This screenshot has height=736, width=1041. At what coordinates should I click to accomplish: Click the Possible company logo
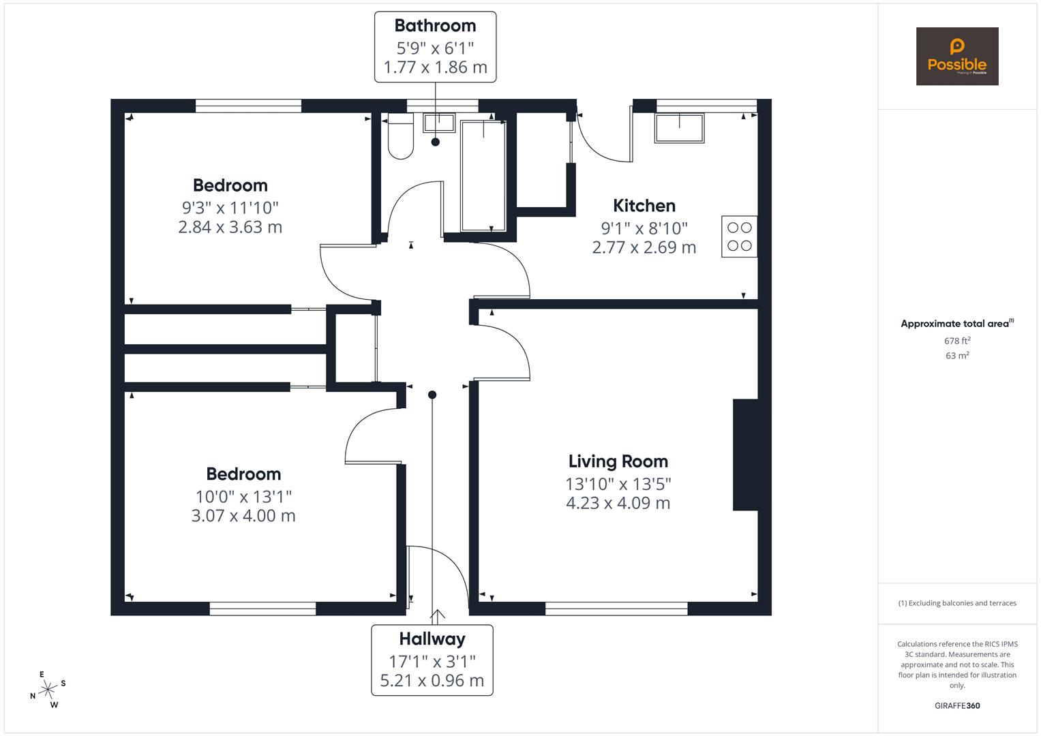click(x=956, y=57)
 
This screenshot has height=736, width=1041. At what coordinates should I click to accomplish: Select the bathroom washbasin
click(x=439, y=123)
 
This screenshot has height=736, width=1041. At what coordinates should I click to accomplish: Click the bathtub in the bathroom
click(x=483, y=176)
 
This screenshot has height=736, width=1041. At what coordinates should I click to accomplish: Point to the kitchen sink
click(x=679, y=128)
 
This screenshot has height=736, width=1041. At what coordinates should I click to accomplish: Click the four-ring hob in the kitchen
click(x=739, y=236)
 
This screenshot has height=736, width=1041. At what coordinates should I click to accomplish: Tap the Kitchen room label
click(x=644, y=205)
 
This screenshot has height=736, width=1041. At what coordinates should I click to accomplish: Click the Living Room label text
click(x=618, y=461)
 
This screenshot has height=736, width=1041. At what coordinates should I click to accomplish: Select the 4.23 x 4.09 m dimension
click(x=618, y=504)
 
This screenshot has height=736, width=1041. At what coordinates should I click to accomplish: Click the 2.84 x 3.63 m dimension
click(x=230, y=227)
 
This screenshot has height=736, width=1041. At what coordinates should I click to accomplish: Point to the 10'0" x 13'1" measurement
click(x=243, y=495)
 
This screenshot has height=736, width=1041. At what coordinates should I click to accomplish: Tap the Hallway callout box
click(x=432, y=660)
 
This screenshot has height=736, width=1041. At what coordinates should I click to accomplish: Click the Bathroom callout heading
click(x=435, y=26)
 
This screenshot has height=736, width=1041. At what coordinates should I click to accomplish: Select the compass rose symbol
click(x=48, y=690)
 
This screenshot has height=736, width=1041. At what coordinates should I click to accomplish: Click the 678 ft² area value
click(x=957, y=341)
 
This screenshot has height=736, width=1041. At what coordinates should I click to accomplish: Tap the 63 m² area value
click(x=957, y=355)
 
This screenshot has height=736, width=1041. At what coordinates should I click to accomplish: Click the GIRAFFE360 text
click(x=957, y=706)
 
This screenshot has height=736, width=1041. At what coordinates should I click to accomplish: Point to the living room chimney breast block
click(x=745, y=455)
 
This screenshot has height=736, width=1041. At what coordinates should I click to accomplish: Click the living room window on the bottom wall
click(x=616, y=609)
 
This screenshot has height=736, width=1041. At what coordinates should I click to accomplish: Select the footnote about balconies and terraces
click(x=957, y=603)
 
